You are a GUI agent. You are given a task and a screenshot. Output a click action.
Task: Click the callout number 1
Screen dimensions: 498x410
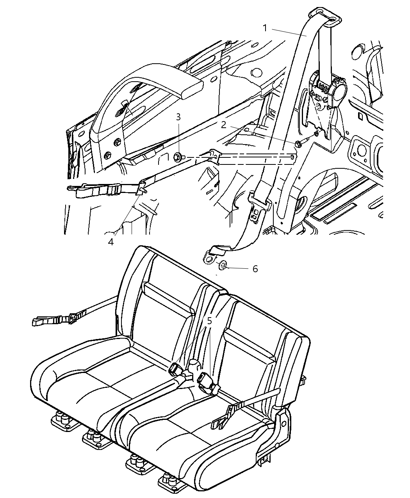[265, 28]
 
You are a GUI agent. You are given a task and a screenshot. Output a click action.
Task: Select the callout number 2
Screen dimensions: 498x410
[223, 125]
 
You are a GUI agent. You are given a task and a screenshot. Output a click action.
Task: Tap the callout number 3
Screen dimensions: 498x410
[178, 117]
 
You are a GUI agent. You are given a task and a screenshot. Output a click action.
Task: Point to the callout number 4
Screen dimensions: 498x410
[111, 242]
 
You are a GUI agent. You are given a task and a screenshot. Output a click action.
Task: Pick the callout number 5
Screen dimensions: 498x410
[209, 321]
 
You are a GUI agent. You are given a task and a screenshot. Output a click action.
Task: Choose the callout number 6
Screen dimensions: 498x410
[255, 269]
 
